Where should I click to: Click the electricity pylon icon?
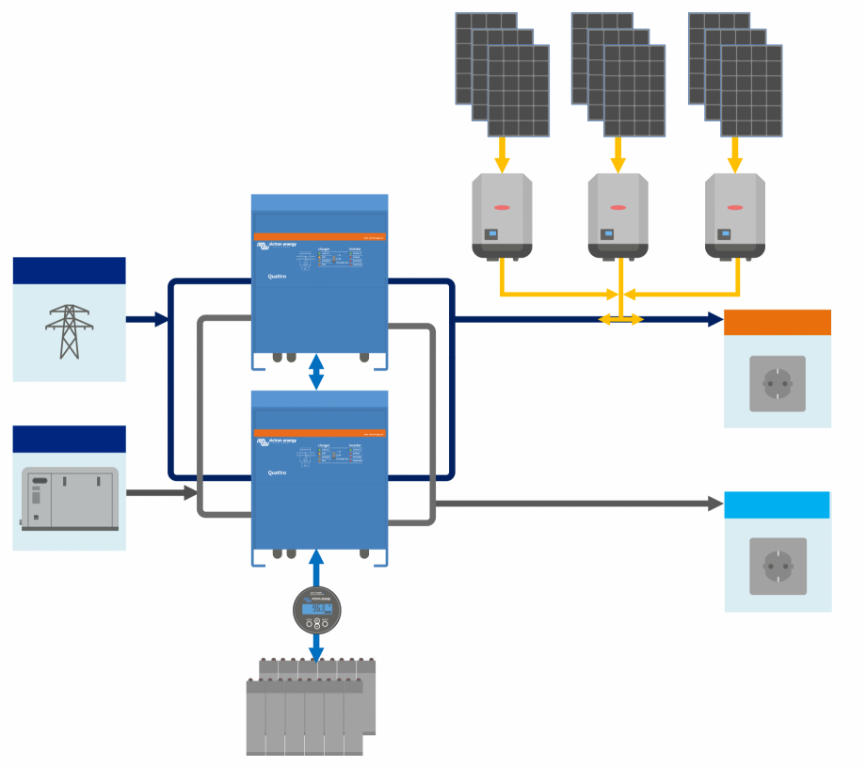coord(69,331)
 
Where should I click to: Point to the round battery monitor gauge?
coord(317,609)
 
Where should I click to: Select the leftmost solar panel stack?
coord(503,75)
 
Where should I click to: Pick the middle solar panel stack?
coord(618,75)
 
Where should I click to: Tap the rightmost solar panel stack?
coord(735,75)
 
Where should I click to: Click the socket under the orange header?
coord(778,383)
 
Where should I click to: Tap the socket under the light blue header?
coord(778,566)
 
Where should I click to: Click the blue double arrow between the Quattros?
coord(317,372)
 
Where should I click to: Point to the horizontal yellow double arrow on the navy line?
coord(621,320)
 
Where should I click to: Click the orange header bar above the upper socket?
coord(778,322)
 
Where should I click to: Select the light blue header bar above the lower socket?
coord(778,504)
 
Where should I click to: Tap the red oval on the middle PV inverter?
coord(618,207)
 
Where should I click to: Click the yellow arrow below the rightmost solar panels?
coord(735,154)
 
